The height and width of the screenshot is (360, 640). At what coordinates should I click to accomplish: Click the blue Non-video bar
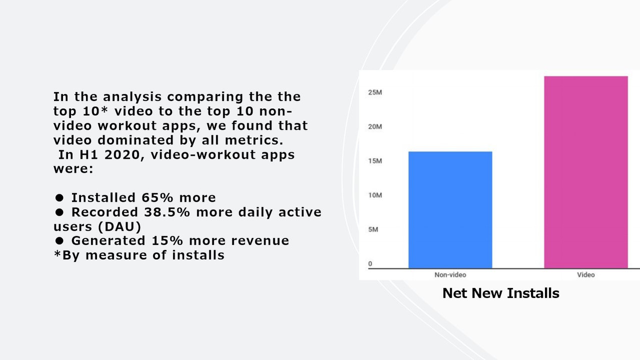coord(450,210)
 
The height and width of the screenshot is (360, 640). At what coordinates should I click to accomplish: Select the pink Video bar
coord(586,172)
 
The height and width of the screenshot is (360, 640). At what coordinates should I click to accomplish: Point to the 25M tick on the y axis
coord(375,92)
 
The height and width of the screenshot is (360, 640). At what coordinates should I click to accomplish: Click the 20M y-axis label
coord(375,127)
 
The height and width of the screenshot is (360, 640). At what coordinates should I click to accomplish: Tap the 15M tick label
coord(375,161)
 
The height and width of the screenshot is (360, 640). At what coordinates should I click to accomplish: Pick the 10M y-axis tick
coord(375,195)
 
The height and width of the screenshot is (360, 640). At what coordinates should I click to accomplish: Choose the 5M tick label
coord(373,230)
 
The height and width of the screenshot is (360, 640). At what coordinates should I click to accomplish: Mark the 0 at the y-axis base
coord(370,264)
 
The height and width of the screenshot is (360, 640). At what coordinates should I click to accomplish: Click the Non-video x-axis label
coord(450,275)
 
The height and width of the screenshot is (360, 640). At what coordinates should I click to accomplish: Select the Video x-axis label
coord(586,275)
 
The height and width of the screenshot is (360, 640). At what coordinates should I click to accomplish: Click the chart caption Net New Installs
coord(501,293)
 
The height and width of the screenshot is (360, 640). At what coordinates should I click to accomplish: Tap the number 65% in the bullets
coord(158,198)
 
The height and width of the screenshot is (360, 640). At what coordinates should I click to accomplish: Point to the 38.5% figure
coord(167,212)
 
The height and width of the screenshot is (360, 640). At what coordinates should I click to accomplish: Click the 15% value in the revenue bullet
coord(167,240)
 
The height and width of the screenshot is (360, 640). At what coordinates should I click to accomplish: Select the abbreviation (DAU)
coord(120,227)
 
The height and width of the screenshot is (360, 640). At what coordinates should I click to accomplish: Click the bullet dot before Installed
coord(60,198)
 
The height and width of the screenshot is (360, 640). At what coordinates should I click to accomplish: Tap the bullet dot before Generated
coord(60,241)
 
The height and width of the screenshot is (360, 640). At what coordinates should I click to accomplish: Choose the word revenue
coord(260,241)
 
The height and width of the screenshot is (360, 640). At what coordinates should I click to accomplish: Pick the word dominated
coord(136,140)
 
